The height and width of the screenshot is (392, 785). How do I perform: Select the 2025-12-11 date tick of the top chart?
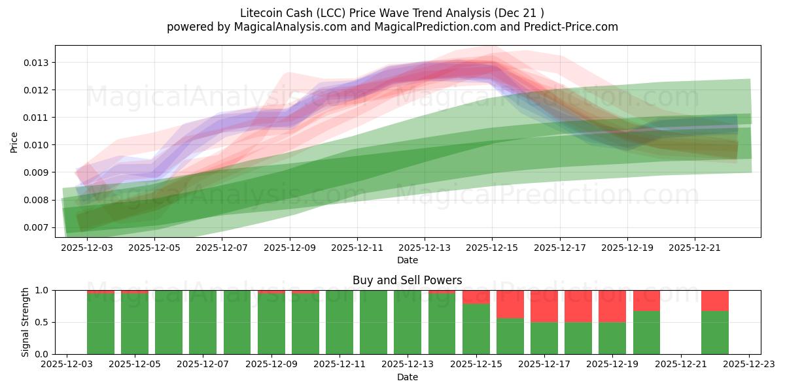[x=357, y=248]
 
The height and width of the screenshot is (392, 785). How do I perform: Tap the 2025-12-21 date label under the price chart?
[x=695, y=248]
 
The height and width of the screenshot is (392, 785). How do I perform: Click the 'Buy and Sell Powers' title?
[x=407, y=280]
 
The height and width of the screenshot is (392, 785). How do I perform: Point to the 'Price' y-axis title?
[x=14, y=142]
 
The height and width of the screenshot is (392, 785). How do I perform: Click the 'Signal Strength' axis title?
[x=25, y=322]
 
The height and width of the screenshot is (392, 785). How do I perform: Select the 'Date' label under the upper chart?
[x=407, y=260]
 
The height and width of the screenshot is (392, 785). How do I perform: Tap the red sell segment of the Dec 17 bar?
[x=544, y=306]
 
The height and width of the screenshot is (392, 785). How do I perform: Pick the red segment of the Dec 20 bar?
[x=646, y=300]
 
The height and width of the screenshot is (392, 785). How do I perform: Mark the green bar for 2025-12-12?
[x=374, y=322]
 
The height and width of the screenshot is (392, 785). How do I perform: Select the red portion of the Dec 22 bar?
[x=714, y=300]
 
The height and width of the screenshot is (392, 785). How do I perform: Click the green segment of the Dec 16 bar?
[x=510, y=336]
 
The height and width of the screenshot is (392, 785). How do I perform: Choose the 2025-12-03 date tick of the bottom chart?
[x=67, y=365]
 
